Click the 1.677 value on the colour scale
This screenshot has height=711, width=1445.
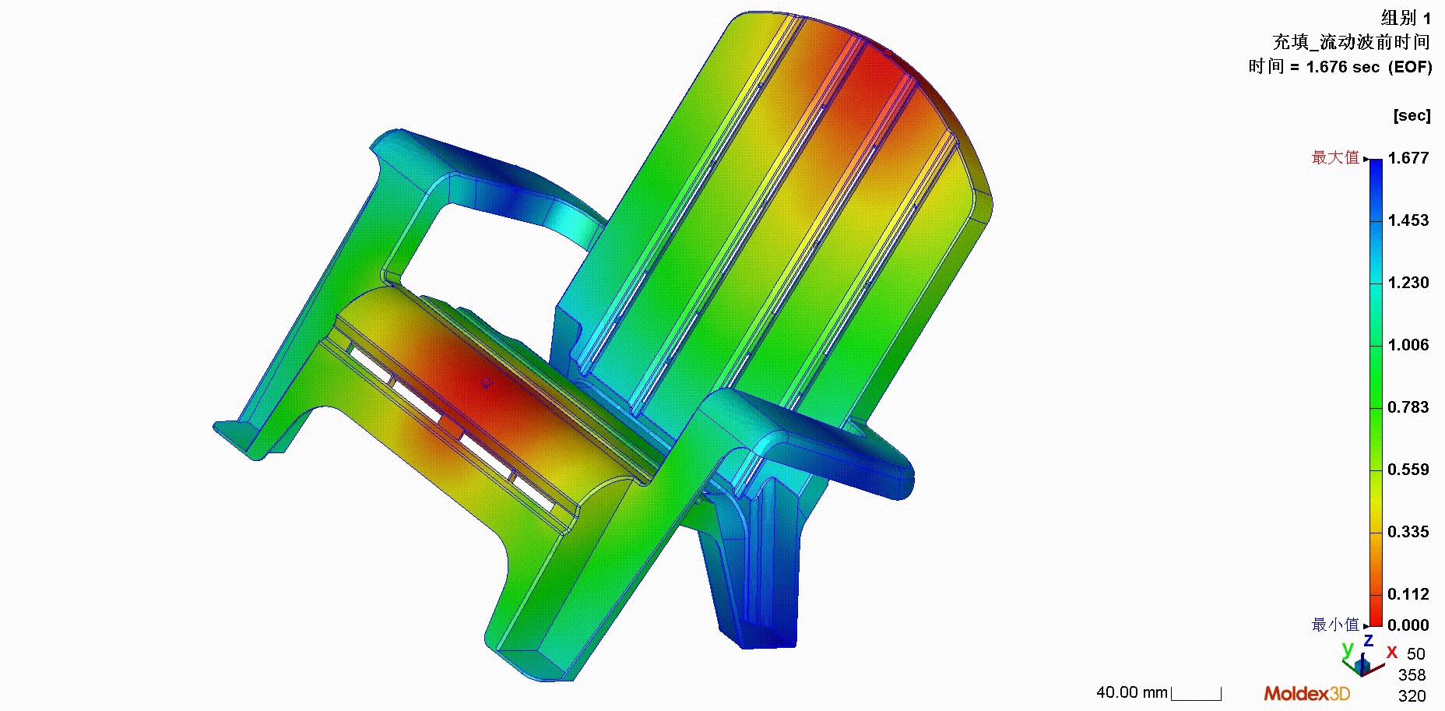pyautogui.click(x=1408, y=158)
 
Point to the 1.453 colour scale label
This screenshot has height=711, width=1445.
pyautogui.click(x=1408, y=220)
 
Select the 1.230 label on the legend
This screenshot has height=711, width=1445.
pyautogui.click(x=1408, y=283)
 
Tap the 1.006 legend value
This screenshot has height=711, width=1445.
pyautogui.click(x=1408, y=345)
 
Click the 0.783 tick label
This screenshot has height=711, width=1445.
pyautogui.click(x=1408, y=407)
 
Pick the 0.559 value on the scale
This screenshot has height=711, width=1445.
pyautogui.click(x=1408, y=470)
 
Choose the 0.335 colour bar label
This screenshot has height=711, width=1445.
pyautogui.click(x=1408, y=532)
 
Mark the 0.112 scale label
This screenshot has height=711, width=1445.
pyautogui.click(x=1408, y=594)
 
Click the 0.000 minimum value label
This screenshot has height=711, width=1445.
pyautogui.click(x=1408, y=625)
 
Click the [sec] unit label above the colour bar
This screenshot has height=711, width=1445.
pyautogui.click(x=1412, y=115)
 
